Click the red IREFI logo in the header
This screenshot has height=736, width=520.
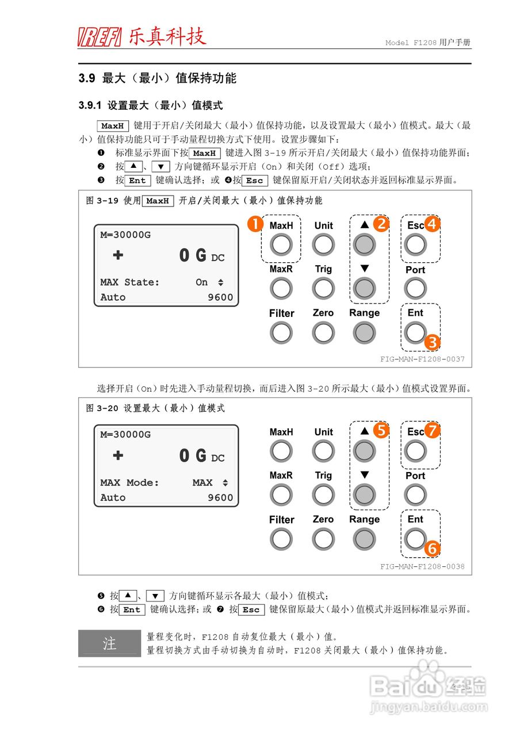click(100, 37)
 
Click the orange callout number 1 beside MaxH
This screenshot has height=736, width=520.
click(255, 224)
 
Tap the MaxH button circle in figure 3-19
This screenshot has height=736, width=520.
click(281, 246)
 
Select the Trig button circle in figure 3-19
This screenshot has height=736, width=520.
click(323, 289)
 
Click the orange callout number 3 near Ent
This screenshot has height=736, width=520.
click(432, 343)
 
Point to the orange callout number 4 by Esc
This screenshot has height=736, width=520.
click(432, 224)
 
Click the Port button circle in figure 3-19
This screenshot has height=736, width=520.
click(415, 289)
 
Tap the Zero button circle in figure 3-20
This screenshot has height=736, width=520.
click(323, 539)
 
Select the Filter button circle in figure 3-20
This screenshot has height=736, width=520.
click(281, 539)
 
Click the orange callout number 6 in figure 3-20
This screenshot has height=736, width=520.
click(432, 549)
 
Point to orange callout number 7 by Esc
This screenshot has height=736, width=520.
click(432, 430)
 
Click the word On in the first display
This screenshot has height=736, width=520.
click(201, 282)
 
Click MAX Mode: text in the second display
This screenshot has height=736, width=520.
click(129, 482)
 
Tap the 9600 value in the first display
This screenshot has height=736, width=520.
click(220, 297)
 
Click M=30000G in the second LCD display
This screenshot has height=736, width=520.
click(125, 435)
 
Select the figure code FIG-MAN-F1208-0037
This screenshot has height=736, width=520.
click(422, 359)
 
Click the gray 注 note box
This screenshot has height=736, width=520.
click(109, 643)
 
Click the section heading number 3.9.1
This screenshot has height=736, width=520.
click(90, 106)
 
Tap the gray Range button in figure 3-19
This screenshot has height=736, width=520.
click(364, 332)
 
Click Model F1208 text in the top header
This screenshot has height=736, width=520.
click(410, 43)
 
